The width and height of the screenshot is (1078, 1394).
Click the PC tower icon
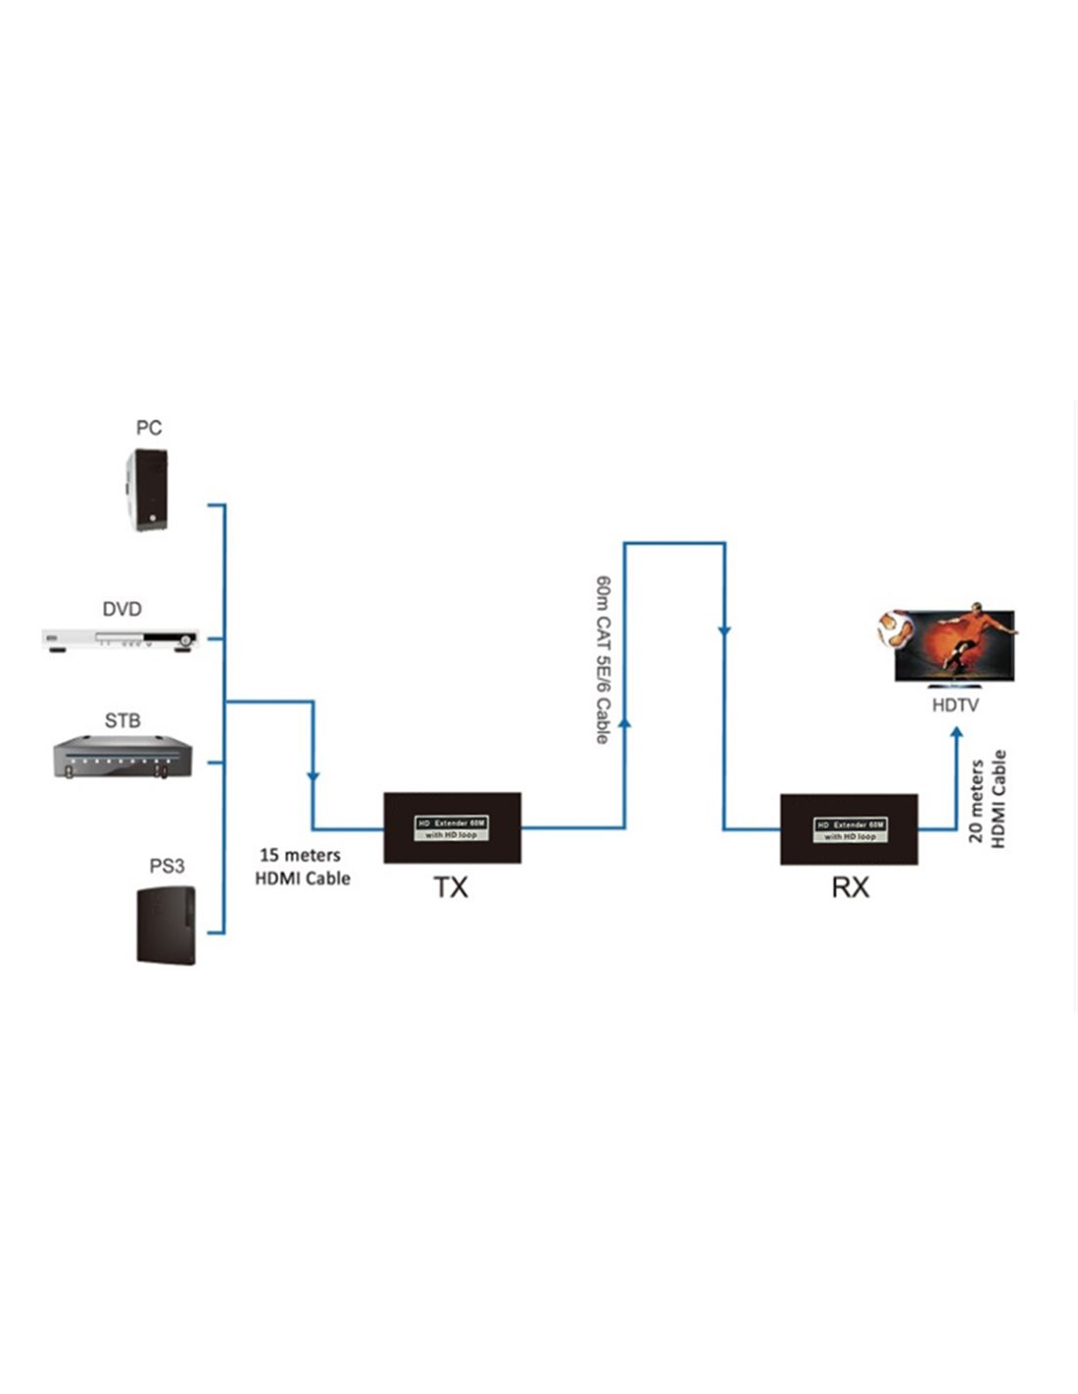click(148, 490)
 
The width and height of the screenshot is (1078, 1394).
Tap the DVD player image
click(121, 640)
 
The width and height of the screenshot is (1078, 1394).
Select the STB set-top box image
click(122, 760)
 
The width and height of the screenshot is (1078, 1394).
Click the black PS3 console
click(166, 924)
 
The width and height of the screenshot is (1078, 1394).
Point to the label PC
click(149, 427)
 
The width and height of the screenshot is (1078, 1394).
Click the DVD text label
click(122, 609)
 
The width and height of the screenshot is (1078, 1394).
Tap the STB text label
click(122, 721)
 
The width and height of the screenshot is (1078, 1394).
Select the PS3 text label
click(167, 866)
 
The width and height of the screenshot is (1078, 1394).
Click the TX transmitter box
click(452, 827)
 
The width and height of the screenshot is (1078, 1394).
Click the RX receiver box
click(849, 829)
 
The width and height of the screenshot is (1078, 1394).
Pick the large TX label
click(451, 887)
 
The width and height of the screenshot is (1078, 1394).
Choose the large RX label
click(850, 887)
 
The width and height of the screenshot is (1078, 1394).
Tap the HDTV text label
click(955, 705)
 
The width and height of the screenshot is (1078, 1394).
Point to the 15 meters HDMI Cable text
click(302, 867)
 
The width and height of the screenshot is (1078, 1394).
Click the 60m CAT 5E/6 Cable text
click(603, 659)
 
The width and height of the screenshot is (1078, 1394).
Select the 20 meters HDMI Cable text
click(987, 799)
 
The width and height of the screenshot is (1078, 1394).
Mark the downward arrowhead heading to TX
click(313, 776)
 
